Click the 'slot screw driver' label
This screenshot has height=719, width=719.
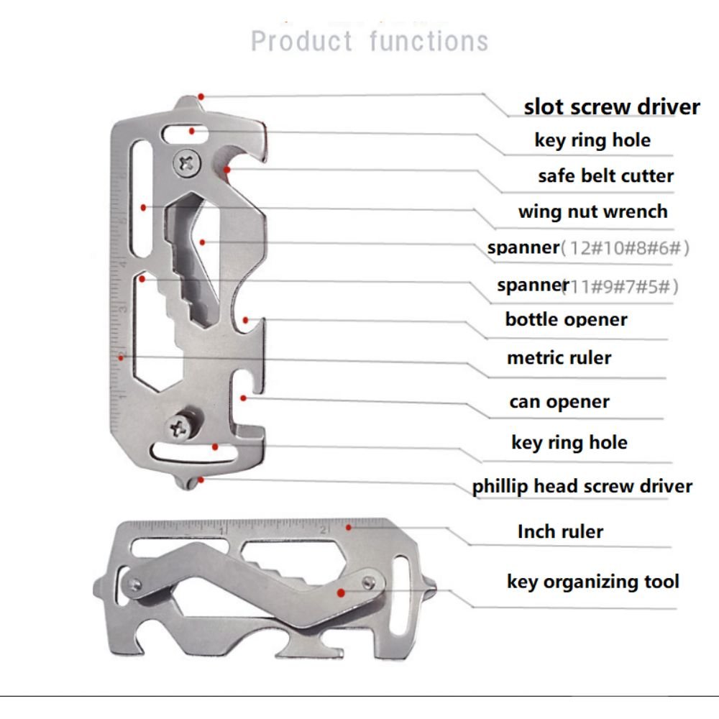[x=611, y=107]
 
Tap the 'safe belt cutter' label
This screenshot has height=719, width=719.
[x=605, y=175]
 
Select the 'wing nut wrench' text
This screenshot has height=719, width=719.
[x=592, y=211]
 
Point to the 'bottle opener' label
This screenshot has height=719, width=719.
[x=566, y=319]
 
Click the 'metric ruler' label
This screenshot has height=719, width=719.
[x=559, y=357]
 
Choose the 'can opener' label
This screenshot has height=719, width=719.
[x=559, y=402]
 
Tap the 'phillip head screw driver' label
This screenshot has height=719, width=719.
[x=582, y=486]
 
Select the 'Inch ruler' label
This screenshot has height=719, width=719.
[x=559, y=532]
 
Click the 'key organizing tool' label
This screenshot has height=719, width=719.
[x=592, y=581]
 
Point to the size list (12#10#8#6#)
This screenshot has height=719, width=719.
[x=625, y=249]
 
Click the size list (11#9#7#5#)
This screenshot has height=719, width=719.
[x=620, y=287]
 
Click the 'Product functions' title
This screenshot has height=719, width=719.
[x=370, y=41]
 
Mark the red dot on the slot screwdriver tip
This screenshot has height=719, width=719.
[x=202, y=96]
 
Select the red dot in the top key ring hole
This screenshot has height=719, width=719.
[x=191, y=131]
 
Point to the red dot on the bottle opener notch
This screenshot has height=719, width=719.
[x=246, y=319]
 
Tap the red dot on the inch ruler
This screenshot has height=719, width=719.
[x=349, y=527]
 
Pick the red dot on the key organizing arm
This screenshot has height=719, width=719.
[x=340, y=592]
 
